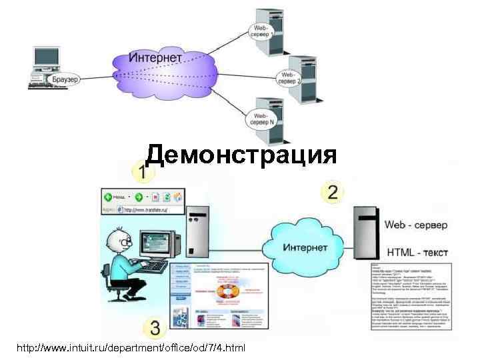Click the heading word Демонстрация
click(241, 155)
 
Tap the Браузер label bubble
click(64, 80)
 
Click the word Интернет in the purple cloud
click(155, 58)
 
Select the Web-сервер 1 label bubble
click(261, 30)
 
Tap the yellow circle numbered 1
click(141, 173)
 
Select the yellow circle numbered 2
click(331, 193)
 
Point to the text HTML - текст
click(417, 253)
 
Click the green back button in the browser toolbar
click(107, 197)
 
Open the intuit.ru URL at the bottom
click(131, 347)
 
